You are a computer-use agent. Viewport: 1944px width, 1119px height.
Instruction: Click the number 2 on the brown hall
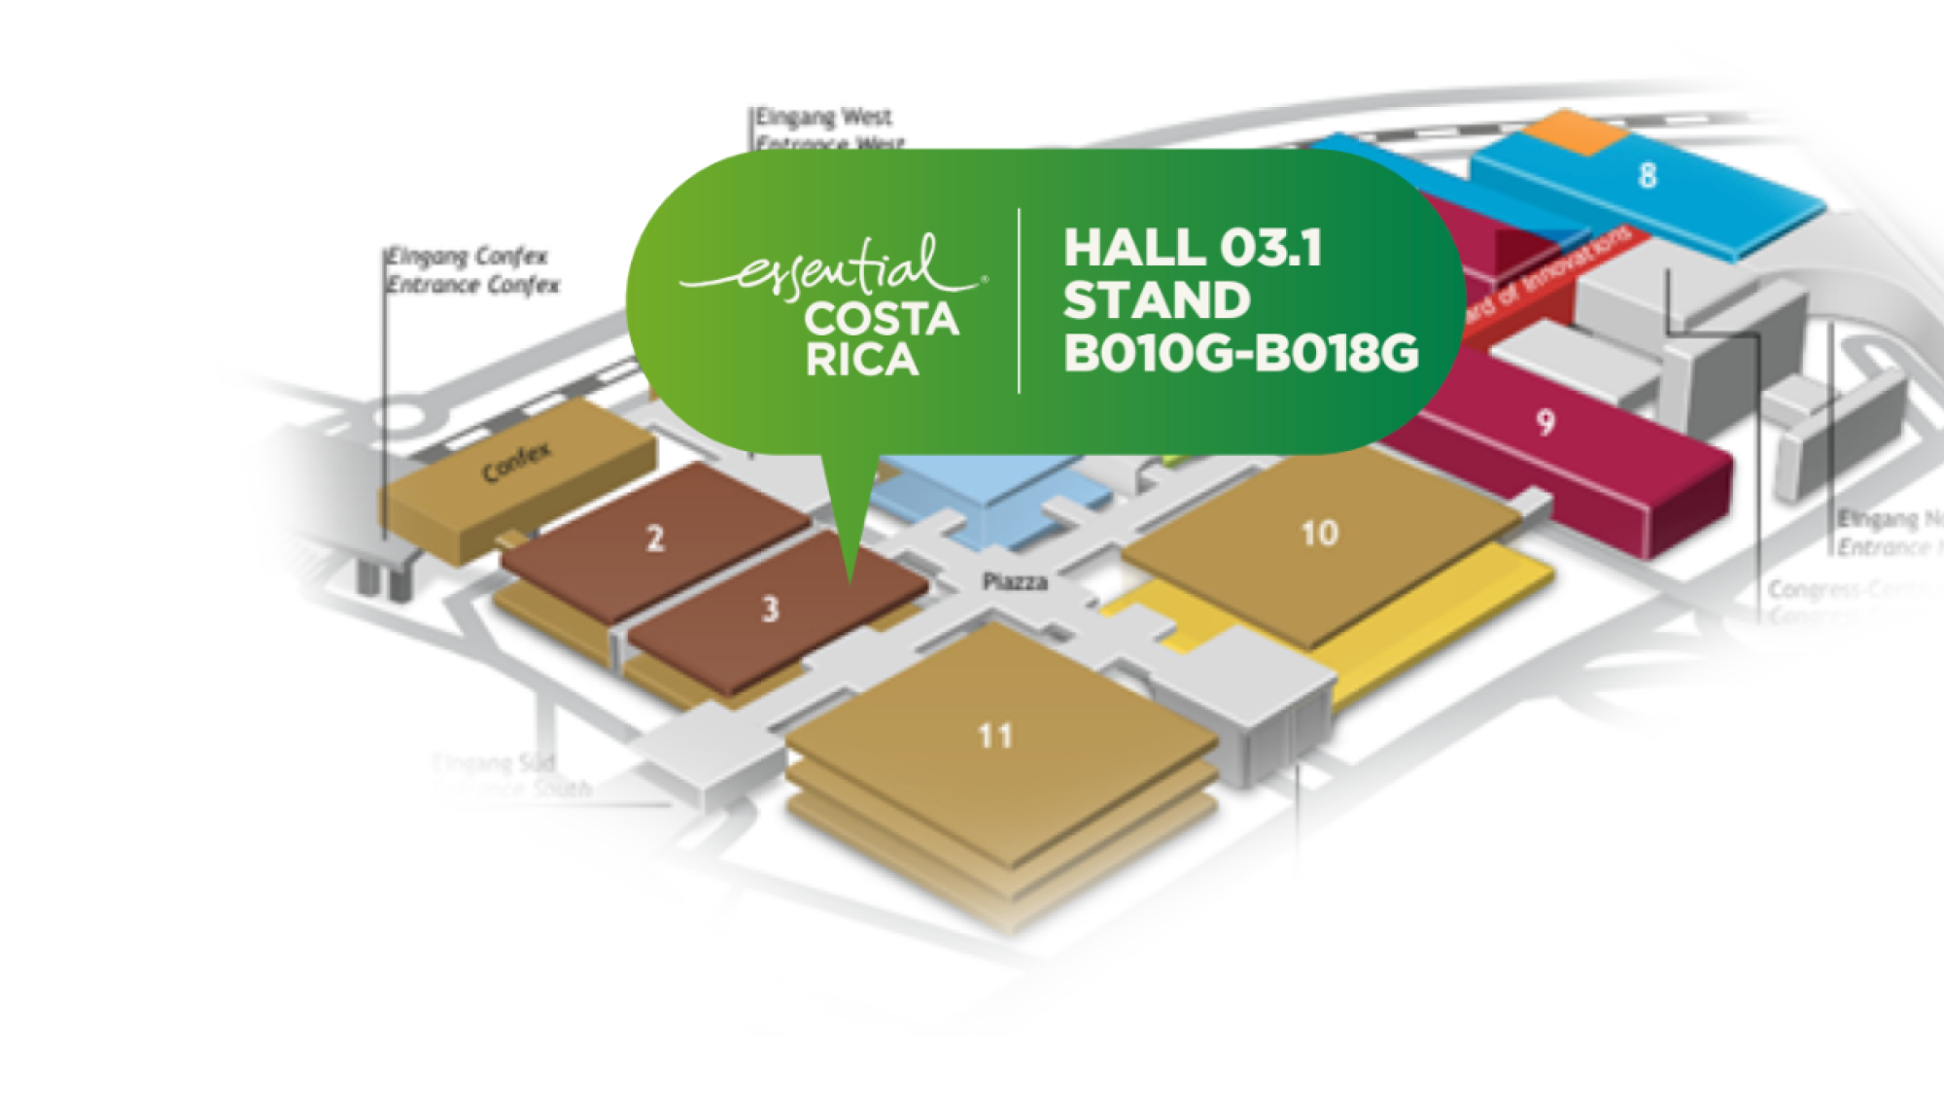(656, 538)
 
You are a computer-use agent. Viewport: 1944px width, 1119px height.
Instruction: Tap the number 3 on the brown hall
(770, 610)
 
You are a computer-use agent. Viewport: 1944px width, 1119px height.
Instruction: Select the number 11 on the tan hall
(995, 736)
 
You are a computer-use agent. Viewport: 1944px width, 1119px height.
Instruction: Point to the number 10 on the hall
(1320, 533)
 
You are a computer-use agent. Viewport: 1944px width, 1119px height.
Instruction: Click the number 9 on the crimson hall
(1545, 422)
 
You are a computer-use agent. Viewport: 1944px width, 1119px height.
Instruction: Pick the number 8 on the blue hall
(1647, 176)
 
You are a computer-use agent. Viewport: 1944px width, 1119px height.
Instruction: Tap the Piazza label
(1015, 581)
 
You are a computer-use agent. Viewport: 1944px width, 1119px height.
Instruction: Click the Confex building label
(516, 462)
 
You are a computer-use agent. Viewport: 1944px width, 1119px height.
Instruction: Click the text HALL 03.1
(1193, 248)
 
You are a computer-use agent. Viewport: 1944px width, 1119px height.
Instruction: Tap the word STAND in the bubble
(1157, 300)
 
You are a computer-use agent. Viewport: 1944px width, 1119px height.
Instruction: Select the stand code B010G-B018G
(1240, 354)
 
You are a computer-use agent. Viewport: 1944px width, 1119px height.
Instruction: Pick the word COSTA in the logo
(882, 320)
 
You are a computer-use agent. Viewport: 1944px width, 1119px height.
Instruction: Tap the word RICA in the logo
(862, 361)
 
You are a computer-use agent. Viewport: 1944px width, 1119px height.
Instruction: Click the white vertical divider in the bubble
(1019, 300)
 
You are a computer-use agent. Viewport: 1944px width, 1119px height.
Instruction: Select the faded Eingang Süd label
(495, 763)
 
